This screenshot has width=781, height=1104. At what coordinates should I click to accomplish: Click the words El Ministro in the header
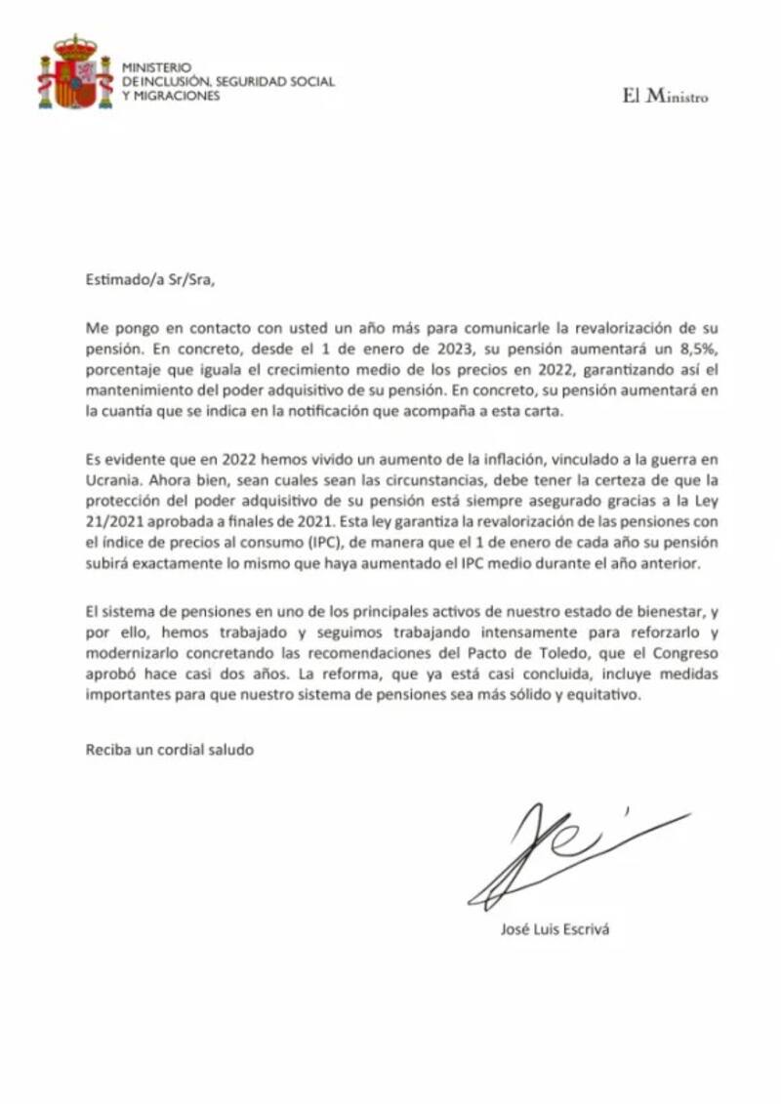[x=665, y=97]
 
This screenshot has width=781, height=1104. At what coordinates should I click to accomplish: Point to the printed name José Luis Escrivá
[x=554, y=928]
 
